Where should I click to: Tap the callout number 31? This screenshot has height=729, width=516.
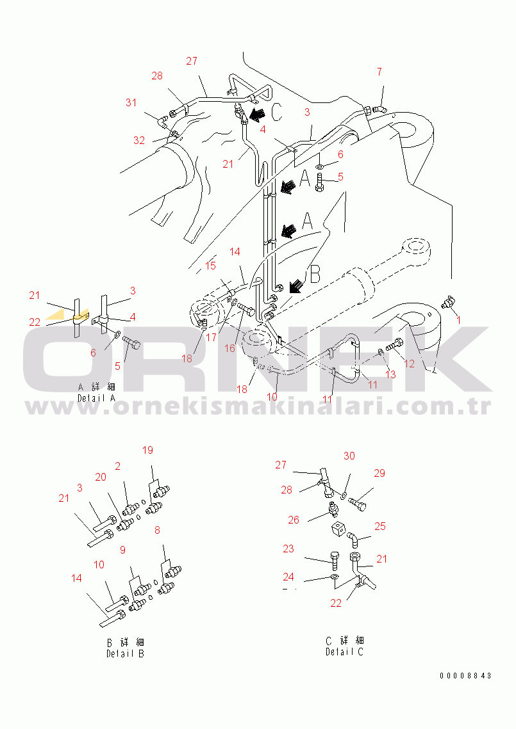point(131,102)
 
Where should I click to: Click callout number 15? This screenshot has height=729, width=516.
point(211,265)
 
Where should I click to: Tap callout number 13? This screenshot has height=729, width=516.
point(389,374)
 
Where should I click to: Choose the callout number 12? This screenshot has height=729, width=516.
point(409,364)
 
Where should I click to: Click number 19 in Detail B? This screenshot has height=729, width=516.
point(147,451)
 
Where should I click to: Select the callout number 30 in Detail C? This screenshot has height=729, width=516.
point(349,456)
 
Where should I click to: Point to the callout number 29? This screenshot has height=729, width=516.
point(379,473)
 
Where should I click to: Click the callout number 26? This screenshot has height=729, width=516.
point(294,520)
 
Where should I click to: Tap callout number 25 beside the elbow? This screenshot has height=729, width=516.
point(380,526)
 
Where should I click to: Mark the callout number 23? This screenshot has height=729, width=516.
point(288,549)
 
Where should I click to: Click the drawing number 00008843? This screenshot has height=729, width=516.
point(466,676)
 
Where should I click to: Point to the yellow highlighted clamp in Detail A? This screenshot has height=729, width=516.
point(79,316)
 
